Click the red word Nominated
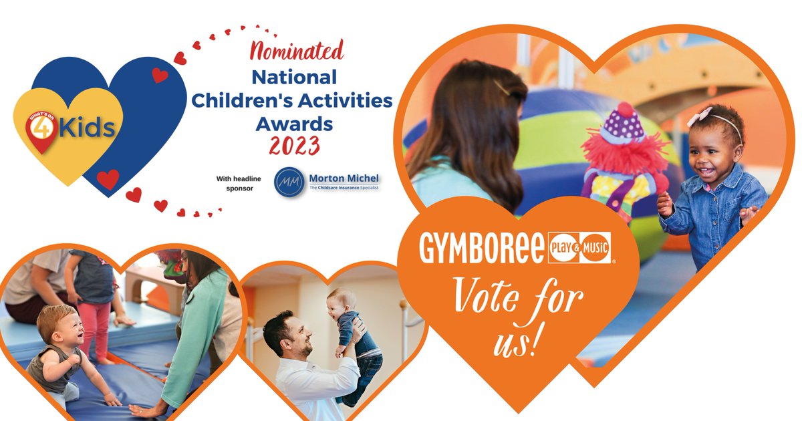[x=296, y=50]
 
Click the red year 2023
[x=294, y=146]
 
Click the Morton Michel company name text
[x=344, y=178]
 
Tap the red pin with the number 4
[x=41, y=130]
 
